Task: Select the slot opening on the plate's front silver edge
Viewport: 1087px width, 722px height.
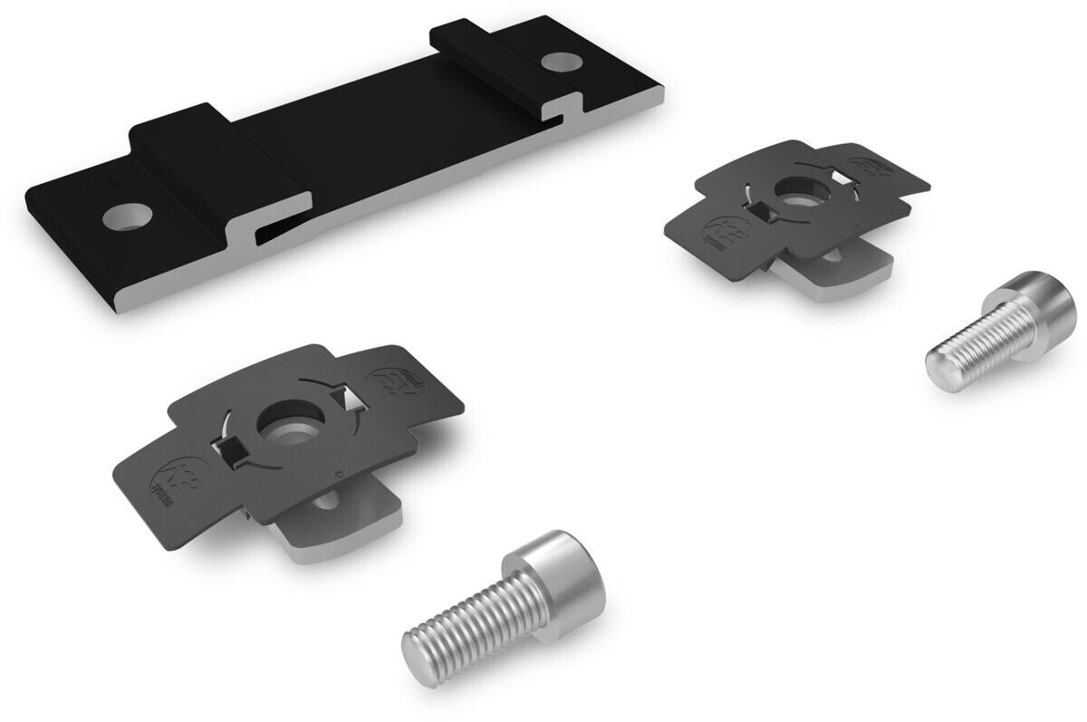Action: pos(272,230)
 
